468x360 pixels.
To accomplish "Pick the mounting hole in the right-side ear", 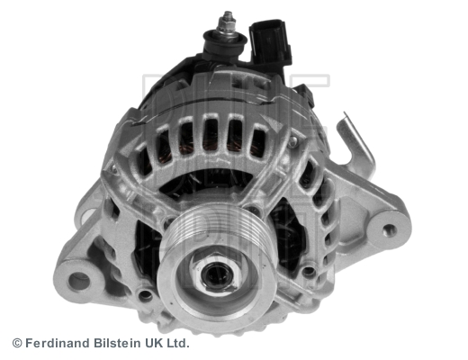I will (390, 229).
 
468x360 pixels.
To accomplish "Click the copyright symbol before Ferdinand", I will (16, 343).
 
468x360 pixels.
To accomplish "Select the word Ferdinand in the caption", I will (58, 343).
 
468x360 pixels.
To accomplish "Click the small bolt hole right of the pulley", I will (310, 269).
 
